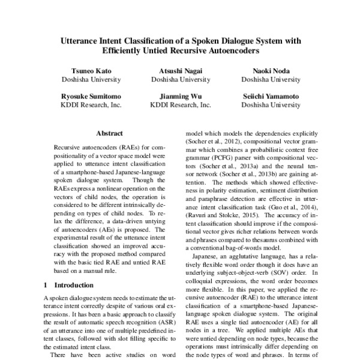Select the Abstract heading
click(x=109, y=133)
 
